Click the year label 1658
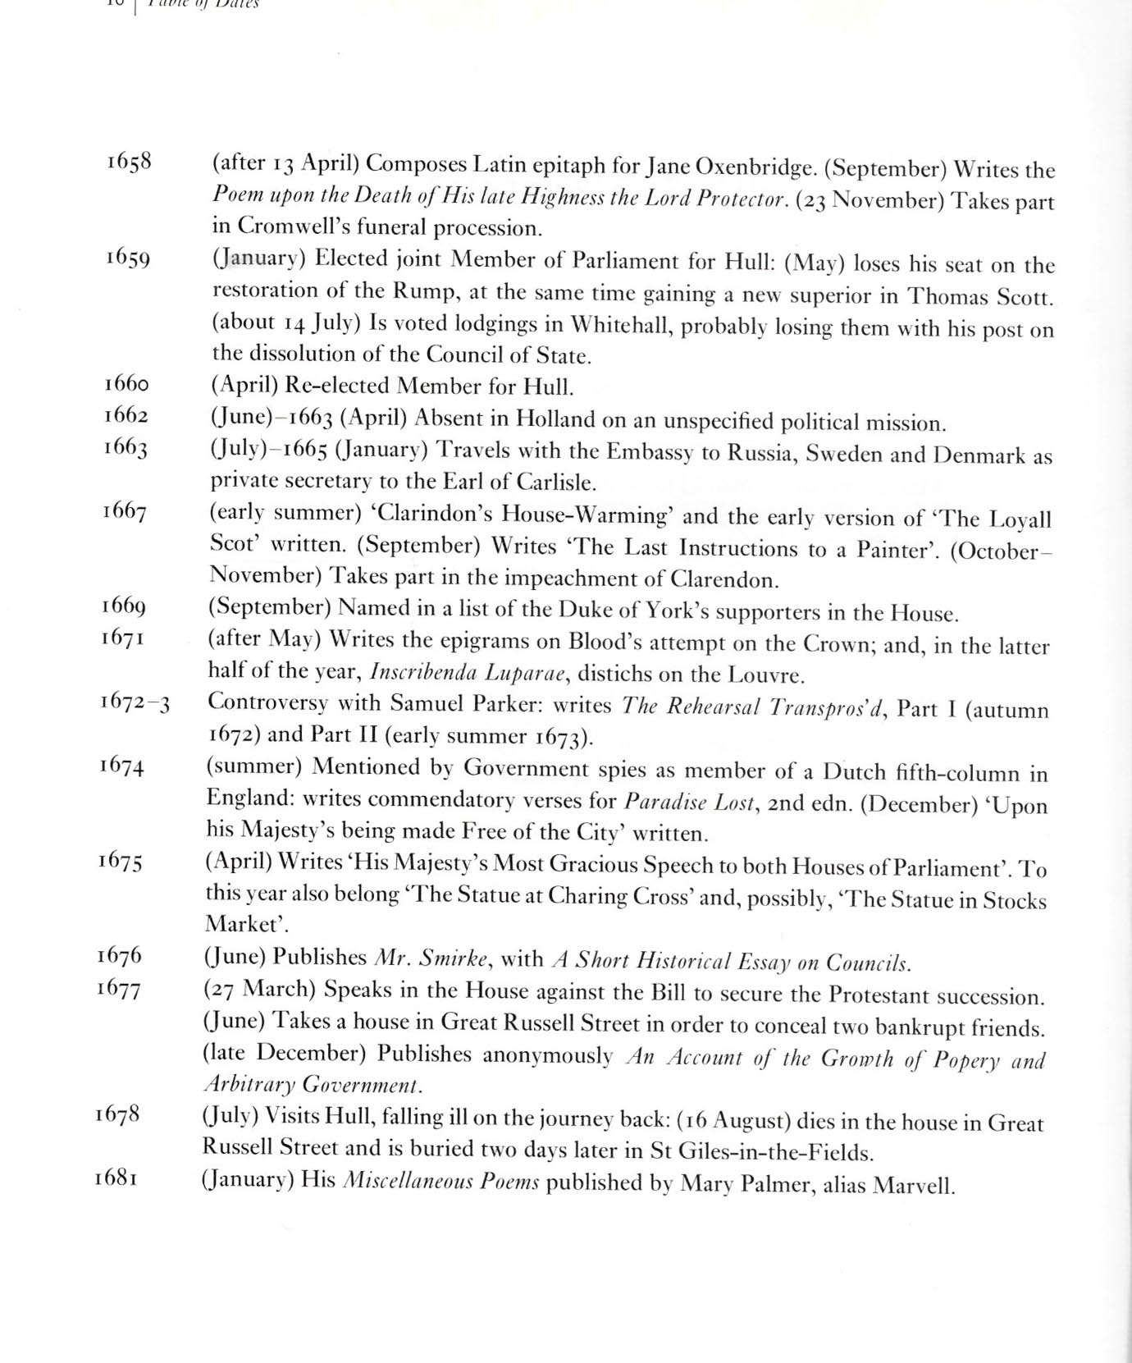click(129, 161)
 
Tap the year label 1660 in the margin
click(126, 383)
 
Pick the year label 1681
click(116, 1178)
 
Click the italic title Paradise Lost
click(688, 802)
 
